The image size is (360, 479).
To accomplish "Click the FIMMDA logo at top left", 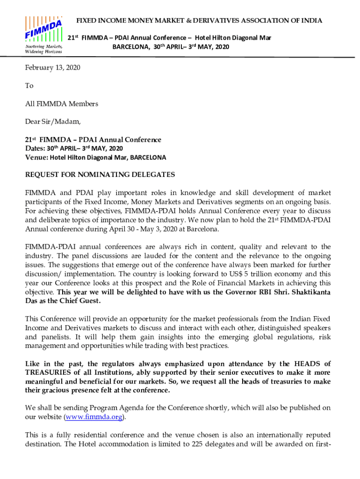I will click(x=43, y=29).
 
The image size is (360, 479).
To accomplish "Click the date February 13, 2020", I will click(x=52, y=68).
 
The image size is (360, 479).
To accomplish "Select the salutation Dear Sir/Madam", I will click(x=53, y=122).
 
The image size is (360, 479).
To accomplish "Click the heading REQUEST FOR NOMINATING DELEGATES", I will click(x=100, y=175).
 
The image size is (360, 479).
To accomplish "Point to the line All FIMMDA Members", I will click(x=61, y=104).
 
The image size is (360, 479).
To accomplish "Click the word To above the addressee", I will click(x=29, y=86).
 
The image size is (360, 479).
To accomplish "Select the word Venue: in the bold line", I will click(x=36, y=158).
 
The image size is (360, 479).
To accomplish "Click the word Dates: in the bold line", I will click(x=36, y=149).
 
